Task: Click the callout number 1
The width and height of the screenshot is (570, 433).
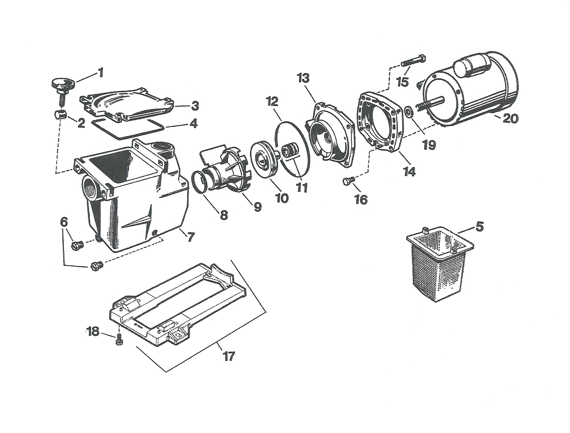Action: (100, 73)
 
